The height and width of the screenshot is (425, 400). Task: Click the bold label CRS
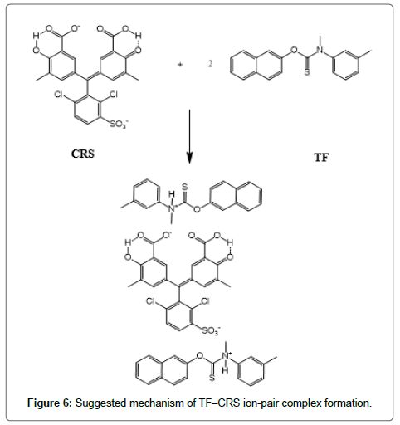click(83, 154)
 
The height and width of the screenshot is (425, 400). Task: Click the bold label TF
click(321, 158)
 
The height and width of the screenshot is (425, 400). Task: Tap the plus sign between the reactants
click(180, 65)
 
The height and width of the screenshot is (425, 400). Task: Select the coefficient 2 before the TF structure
click(210, 64)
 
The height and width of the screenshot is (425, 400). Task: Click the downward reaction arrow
click(189, 136)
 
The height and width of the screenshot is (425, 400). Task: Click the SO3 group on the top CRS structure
click(119, 124)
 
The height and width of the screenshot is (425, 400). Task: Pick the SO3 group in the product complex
click(211, 330)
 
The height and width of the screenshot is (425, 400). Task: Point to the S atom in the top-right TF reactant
click(307, 72)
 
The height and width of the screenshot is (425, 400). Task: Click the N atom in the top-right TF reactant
click(320, 50)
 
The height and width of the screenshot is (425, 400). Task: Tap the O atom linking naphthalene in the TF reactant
click(294, 50)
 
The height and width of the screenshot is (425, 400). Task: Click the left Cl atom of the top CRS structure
click(59, 95)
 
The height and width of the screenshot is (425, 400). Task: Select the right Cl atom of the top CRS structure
click(113, 95)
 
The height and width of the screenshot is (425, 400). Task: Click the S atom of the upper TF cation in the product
click(184, 187)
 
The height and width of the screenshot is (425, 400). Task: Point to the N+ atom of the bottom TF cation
click(227, 356)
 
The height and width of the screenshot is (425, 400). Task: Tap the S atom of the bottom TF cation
click(212, 378)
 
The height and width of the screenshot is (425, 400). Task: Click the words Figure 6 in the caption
click(49, 403)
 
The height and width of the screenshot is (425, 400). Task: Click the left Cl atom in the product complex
click(151, 300)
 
